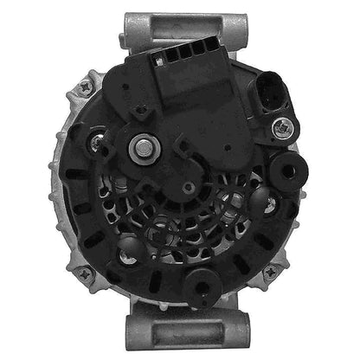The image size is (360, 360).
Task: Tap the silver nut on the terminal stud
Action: (141, 148)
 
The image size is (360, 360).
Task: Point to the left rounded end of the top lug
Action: (130, 21)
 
